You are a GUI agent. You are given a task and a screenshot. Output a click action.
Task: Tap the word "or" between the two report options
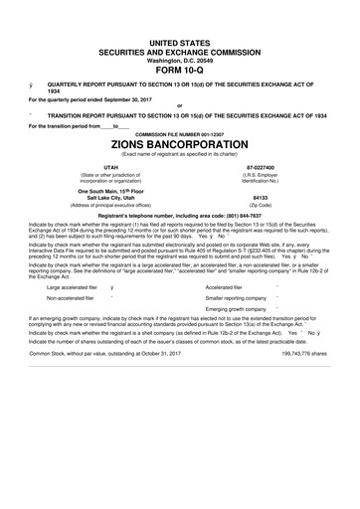tap(179, 104)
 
